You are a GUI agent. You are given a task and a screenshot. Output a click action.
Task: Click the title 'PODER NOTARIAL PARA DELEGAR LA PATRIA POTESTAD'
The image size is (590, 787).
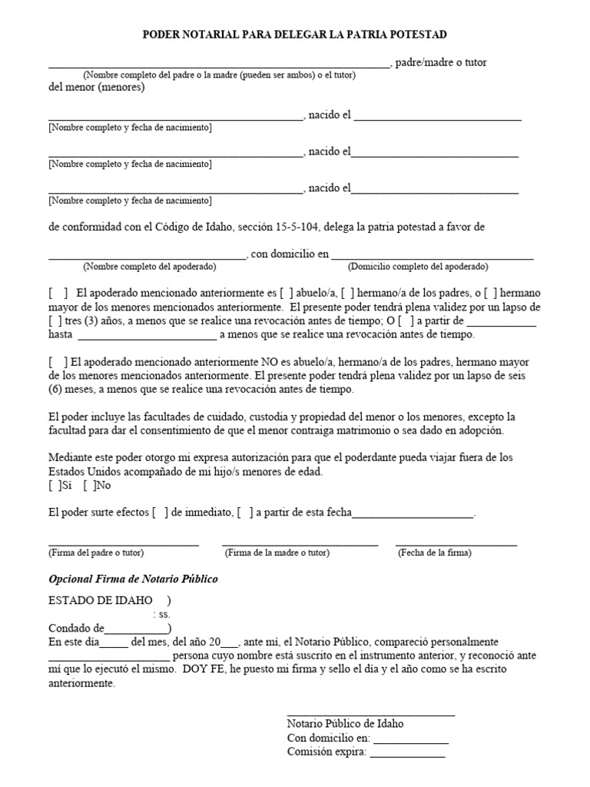pyautogui.click(x=295, y=35)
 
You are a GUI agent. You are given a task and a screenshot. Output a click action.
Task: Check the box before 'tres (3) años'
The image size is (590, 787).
pyautogui.click(x=54, y=320)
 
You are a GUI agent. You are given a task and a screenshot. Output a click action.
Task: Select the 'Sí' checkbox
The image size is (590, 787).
pyautogui.click(x=54, y=485)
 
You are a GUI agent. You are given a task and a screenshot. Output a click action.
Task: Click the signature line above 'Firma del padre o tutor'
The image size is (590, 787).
pyautogui.click(x=123, y=544)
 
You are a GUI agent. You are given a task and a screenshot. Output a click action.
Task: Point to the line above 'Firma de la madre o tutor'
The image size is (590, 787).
pyautogui.click(x=300, y=544)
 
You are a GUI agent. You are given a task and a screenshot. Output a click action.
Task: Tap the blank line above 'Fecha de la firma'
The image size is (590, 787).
pyautogui.click(x=456, y=544)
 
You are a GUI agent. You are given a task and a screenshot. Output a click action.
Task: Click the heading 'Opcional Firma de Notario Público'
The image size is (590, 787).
pyautogui.click(x=134, y=579)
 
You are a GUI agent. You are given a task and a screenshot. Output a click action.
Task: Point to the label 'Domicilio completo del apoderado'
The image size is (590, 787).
pyautogui.click(x=418, y=267)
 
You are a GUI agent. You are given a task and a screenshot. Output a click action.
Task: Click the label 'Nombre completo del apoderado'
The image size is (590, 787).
pyautogui.click(x=150, y=267)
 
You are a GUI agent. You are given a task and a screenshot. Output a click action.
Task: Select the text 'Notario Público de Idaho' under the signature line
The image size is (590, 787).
pyautogui.click(x=345, y=724)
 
